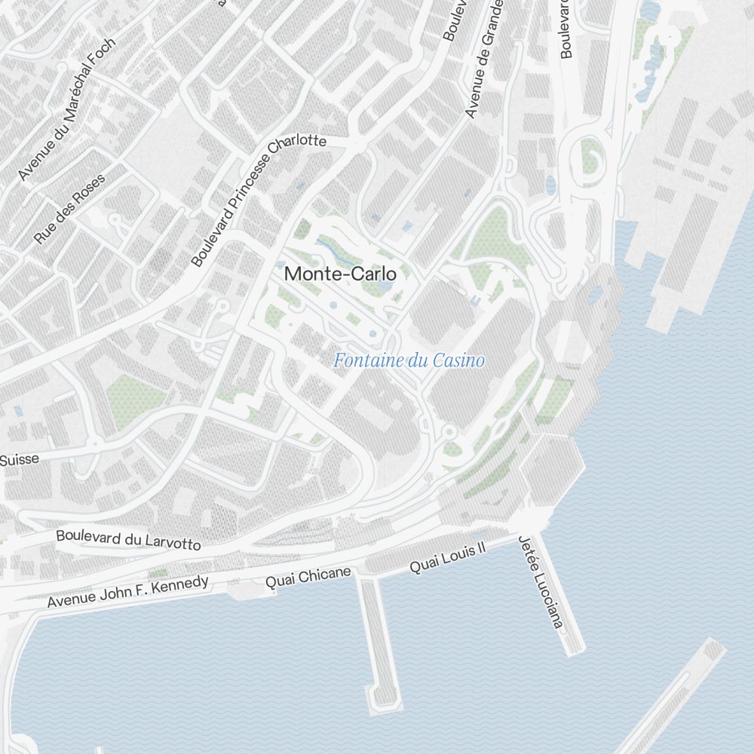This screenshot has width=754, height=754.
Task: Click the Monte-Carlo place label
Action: click(x=340, y=274)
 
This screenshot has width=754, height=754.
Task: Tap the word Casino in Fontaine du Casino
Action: click(x=458, y=361)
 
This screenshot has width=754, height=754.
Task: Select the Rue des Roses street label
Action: click(x=70, y=209)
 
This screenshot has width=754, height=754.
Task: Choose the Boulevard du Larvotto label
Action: click(x=128, y=540)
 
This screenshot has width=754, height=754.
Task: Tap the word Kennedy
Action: click(x=179, y=586)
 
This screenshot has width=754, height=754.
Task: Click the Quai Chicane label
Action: click(x=308, y=578)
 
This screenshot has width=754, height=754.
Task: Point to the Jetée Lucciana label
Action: click(x=540, y=581)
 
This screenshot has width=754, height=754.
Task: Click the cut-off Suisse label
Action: click(x=19, y=458)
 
